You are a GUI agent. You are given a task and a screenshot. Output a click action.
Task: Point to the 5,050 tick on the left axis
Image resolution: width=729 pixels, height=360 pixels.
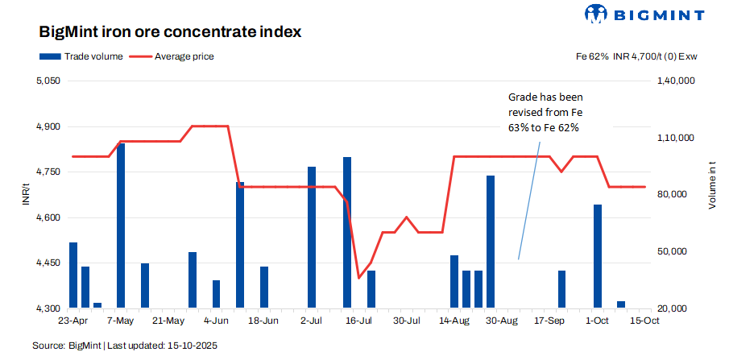[x=49, y=81]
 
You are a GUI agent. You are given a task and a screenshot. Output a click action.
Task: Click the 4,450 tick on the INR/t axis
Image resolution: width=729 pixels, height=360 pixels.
[x=49, y=263]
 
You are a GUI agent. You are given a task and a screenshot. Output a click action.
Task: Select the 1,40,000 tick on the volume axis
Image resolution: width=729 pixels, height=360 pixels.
[x=677, y=81]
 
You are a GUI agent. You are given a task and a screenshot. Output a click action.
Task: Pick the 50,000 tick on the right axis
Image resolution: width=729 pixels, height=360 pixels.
[x=674, y=252]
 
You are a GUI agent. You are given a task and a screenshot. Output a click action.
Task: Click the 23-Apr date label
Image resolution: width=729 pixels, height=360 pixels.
[x=72, y=321]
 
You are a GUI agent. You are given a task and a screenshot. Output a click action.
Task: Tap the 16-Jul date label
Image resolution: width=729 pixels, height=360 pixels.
[x=358, y=321]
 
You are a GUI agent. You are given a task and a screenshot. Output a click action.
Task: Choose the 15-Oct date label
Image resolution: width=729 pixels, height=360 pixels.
[x=644, y=321]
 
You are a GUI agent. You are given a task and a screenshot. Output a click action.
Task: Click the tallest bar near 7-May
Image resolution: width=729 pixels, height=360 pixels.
[x=121, y=226]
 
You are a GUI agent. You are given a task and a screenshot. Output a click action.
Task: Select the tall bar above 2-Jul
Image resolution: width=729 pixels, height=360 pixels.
[x=312, y=238]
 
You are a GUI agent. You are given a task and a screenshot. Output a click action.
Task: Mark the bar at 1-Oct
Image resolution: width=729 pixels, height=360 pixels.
[x=598, y=256]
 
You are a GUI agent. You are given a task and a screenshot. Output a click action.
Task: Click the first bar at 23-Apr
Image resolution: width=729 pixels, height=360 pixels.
[x=73, y=275]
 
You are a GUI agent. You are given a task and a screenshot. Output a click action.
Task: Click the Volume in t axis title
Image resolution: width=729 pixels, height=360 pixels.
[x=712, y=185]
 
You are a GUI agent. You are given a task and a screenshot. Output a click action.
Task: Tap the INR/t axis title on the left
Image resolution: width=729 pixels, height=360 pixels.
[x=27, y=195]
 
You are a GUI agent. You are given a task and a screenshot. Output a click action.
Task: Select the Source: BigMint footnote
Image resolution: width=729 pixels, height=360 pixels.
[x=125, y=346]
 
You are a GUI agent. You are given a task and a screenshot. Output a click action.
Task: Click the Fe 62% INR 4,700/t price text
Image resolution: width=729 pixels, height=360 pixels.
[x=636, y=56]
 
